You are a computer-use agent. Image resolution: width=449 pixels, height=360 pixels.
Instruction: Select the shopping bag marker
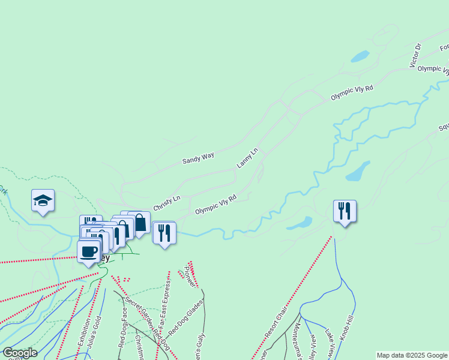click(139, 223)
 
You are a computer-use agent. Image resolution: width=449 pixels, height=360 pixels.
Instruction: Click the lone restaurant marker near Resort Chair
click(345, 211)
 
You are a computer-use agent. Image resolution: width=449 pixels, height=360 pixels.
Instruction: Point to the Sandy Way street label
click(198, 158)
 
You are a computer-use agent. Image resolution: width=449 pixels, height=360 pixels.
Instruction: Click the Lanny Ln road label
click(247, 157)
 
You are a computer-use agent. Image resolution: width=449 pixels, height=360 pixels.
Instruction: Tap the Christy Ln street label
click(166, 203)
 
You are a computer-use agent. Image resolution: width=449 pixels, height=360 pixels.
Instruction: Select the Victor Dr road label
click(416, 55)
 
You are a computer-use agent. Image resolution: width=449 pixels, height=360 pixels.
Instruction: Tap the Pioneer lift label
click(189, 274)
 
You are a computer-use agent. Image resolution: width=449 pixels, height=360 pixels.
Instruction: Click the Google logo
click(20, 353)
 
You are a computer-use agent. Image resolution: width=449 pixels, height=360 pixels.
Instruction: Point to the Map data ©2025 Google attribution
click(411, 355)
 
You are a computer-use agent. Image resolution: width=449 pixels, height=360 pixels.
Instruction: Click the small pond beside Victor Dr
click(360, 56)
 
